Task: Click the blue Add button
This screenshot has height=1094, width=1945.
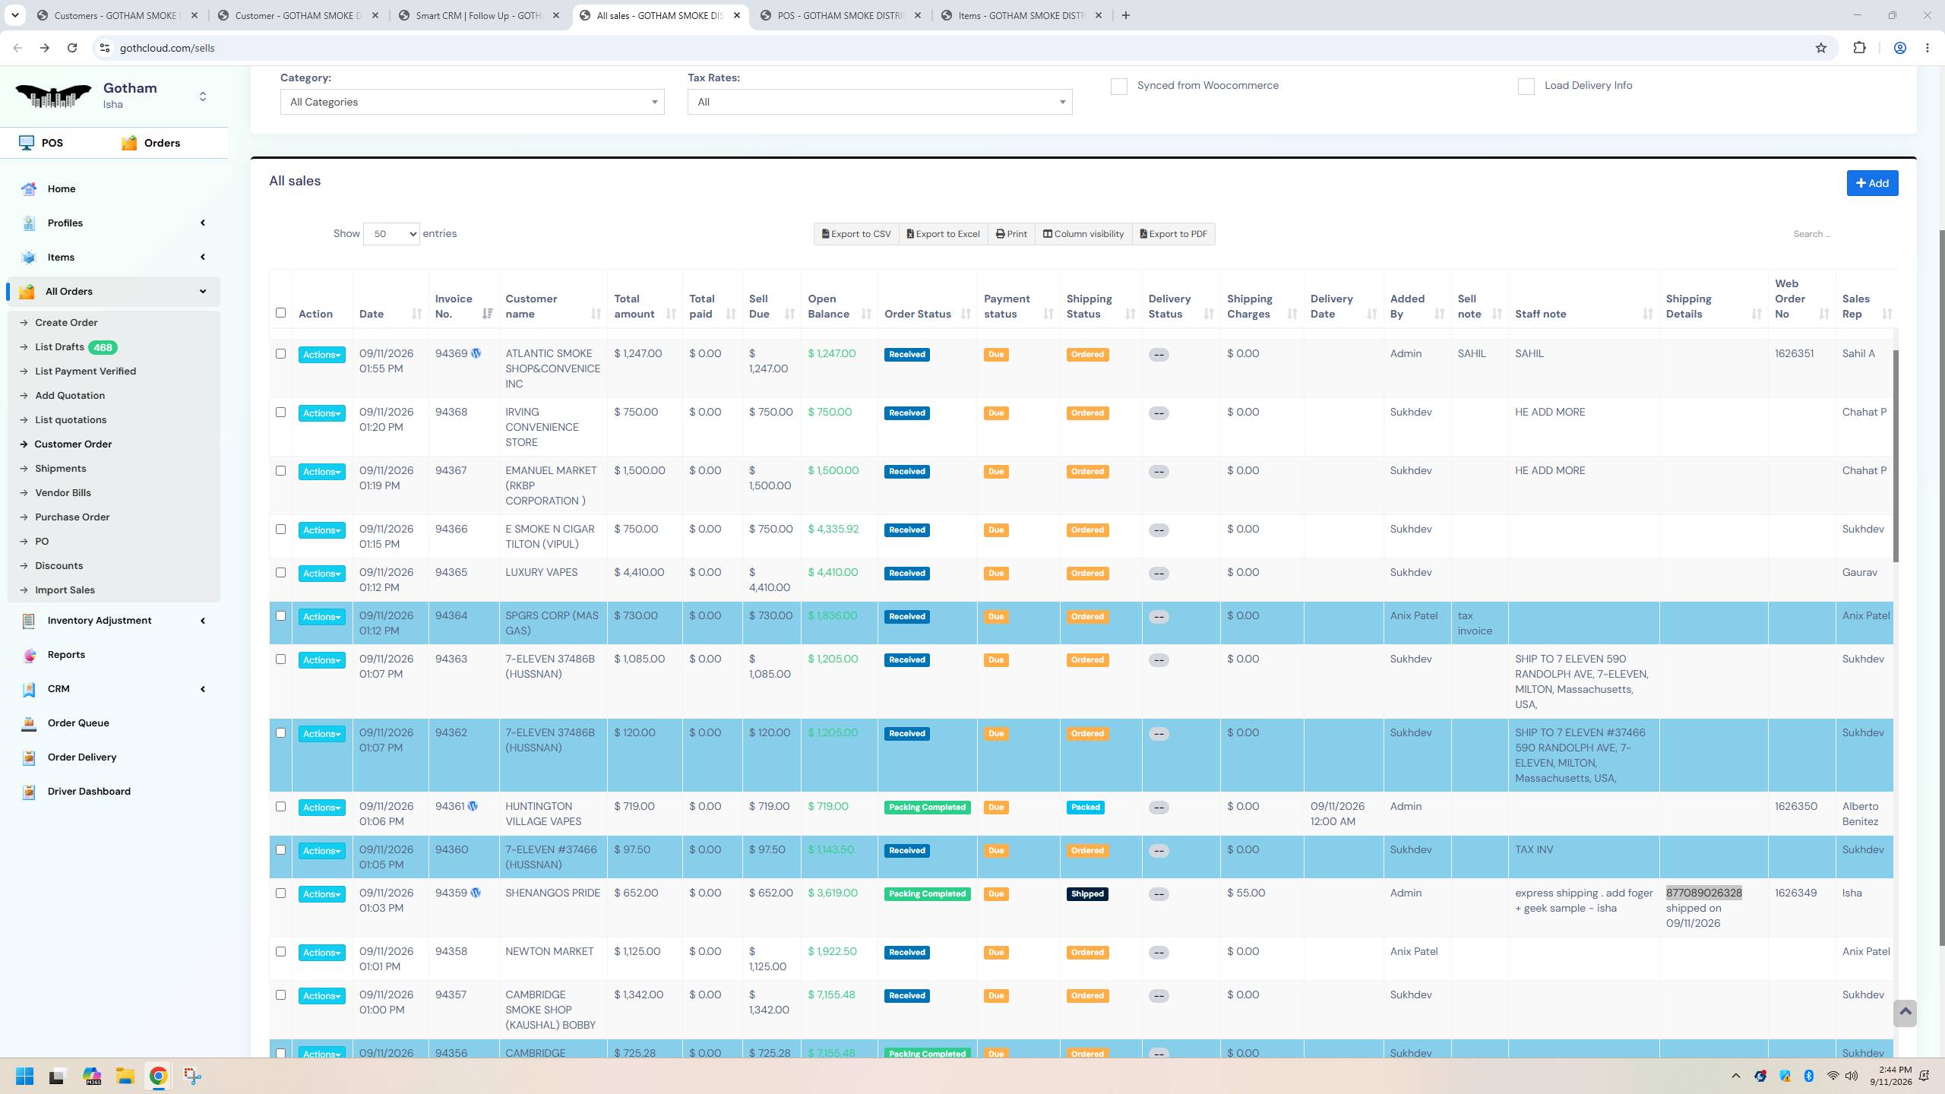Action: coord(1872,183)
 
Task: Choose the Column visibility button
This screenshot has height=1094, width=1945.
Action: coord(1083,234)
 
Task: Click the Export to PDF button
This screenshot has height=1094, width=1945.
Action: coord(1173,234)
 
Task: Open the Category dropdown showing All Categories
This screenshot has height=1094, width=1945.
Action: coord(472,102)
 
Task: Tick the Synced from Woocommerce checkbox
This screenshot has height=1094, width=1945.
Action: coord(1118,87)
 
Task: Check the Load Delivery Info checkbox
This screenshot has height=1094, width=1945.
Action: coord(1526,87)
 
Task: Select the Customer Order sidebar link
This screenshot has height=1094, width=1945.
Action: coord(73,444)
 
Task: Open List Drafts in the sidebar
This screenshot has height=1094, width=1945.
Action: coord(59,347)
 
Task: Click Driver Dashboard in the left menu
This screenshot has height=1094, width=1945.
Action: coord(89,791)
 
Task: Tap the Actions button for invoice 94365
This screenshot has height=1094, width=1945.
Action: coord(321,574)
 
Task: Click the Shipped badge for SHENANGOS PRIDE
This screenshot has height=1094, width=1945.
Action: coord(1086,893)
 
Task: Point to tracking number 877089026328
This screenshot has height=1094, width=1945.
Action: coord(1703,893)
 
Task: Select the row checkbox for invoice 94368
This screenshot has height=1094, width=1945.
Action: coord(280,413)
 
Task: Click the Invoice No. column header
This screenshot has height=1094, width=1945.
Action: coord(454,306)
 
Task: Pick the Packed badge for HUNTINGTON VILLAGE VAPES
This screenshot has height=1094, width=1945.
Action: coord(1085,807)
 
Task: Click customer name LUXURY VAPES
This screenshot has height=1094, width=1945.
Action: coord(541,572)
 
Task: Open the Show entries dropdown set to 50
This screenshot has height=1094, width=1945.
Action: coord(391,234)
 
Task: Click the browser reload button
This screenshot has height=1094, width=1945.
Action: coord(72,48)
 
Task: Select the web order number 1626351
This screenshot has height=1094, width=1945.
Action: coord(1794,353)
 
